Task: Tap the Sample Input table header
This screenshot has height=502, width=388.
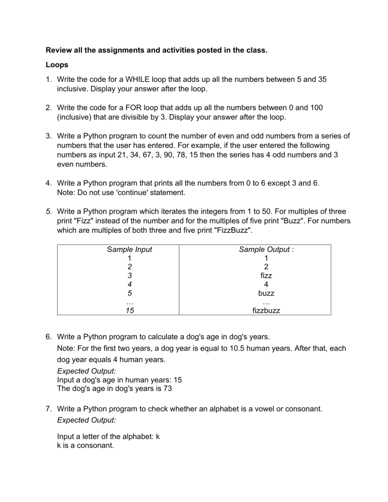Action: click(129, 249)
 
